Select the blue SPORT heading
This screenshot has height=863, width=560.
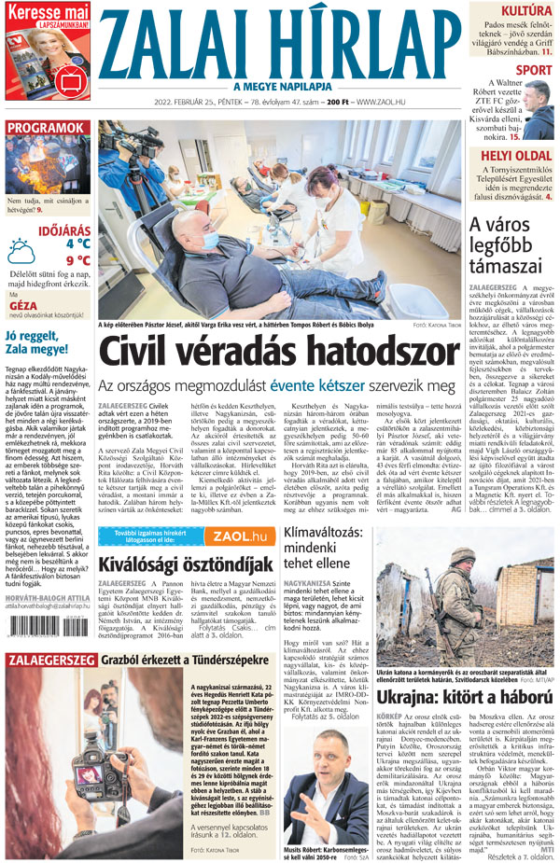(533, 70)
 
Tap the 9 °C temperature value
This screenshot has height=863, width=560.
(77, 260)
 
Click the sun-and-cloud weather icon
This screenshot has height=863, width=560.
(21, 252)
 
